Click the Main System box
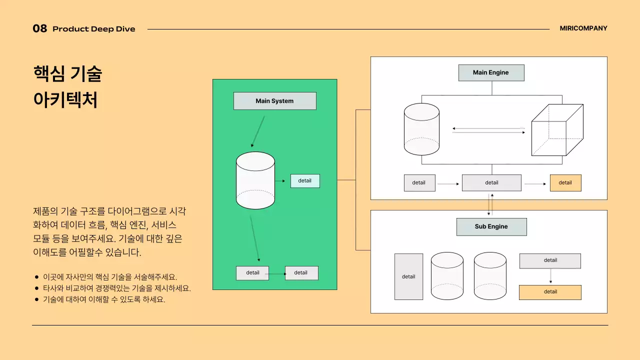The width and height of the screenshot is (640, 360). (x=274, y=101)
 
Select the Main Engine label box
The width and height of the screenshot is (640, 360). (x=491, y=72)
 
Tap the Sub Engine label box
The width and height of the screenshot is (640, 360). (x=491, y=226)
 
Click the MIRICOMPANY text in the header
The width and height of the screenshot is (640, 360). (x=583, y=28)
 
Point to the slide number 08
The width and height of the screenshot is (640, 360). (x=40, y=29)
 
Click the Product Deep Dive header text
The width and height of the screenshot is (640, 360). (x=94, y=29)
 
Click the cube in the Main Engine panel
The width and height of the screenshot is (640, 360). (x=557, y=130)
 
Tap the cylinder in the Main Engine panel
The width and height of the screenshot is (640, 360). (x=421, y=129)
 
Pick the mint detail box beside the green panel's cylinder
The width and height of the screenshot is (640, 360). (x=305, y=181)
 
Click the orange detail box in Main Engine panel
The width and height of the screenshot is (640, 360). (x=565, y=183)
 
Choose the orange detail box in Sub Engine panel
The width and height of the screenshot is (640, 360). (x=550, y=292)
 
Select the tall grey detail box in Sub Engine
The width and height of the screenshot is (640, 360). (x=408, y=276)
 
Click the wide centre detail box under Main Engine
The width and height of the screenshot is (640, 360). (x=491, y=183)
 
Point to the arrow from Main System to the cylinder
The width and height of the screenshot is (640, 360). (x=258, y=131)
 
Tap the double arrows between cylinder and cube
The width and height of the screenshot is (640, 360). (x=488, y=130)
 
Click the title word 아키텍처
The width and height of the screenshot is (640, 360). (x=65, y=100)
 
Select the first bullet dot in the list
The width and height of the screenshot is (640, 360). (x=36, y=277)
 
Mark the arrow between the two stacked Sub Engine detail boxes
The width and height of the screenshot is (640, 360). (x=550, y=276)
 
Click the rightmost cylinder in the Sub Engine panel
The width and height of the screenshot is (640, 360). (x=490, y=276)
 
